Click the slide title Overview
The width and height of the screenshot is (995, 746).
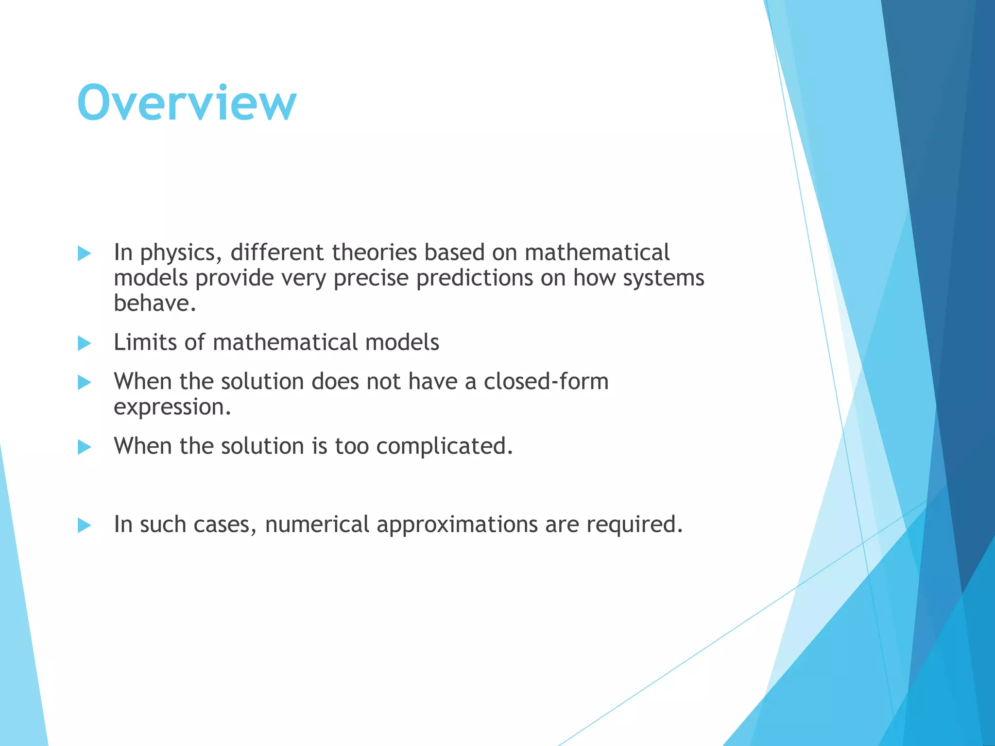(187, 103)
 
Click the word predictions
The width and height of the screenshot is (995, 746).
(475, 278)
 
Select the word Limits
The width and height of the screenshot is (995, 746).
(145, 342)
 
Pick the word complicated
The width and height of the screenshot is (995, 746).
(444, 446)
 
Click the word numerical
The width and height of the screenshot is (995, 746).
(317, 525)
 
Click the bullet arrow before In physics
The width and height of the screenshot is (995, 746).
(85, 254)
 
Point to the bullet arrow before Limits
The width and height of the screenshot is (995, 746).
(85, 343)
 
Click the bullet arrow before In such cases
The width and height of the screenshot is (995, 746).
(85, 526)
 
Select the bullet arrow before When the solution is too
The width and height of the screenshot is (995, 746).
(85, 447)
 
